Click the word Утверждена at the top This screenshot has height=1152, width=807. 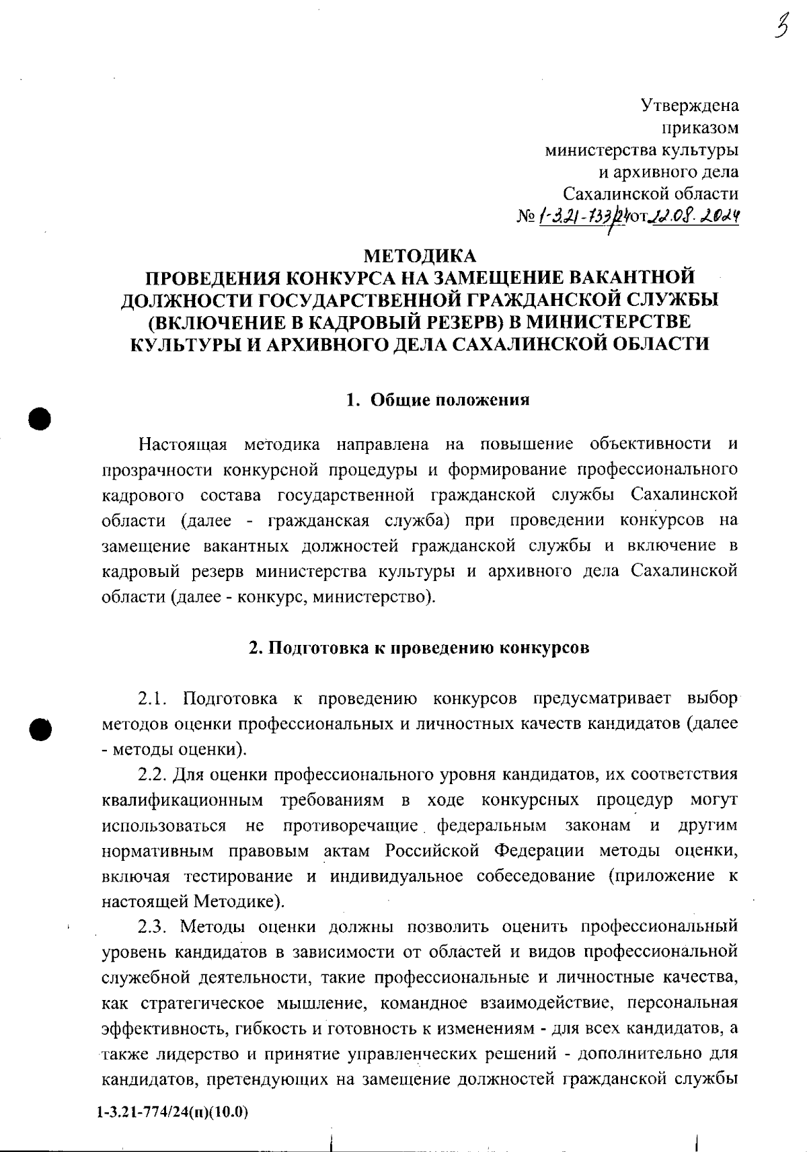point(689,106)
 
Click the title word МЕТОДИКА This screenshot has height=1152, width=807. point(419,256)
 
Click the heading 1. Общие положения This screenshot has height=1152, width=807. point(438,400)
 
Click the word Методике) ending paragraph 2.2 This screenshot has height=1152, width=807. point(239,901)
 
